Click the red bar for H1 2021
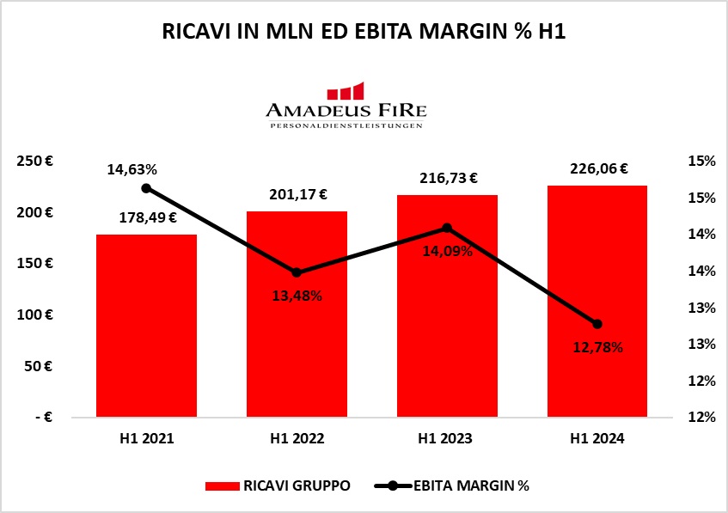[x=147, y=327]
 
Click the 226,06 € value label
[x=599, y=169]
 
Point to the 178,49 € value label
[x=147, y=217]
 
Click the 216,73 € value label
[x=449, y=179]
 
